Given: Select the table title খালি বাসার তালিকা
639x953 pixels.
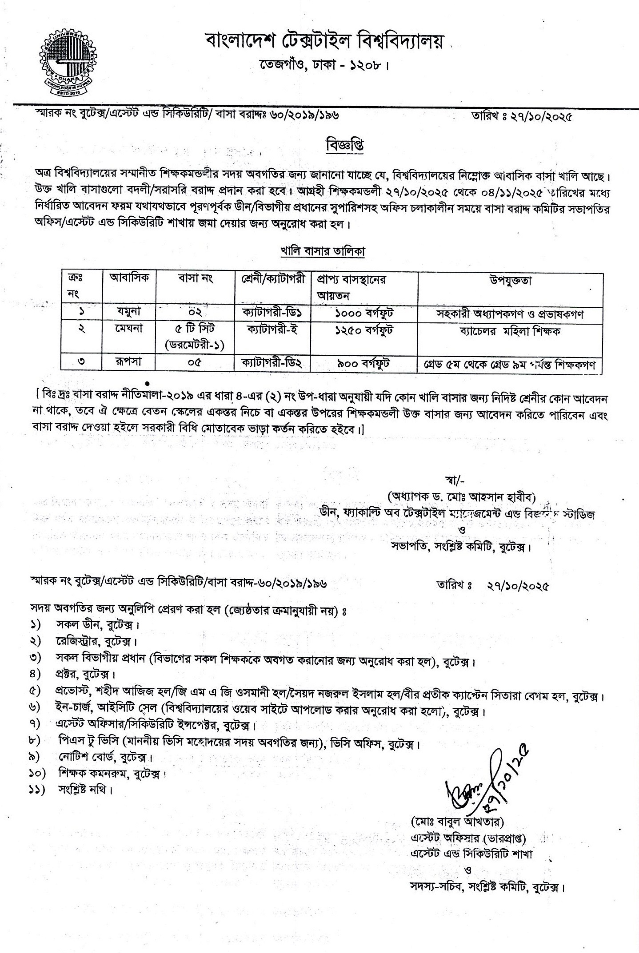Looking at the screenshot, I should click(323, 251).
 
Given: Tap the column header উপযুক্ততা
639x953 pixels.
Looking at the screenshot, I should click(511, 280).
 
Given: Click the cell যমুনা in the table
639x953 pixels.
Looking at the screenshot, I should click(128, 312).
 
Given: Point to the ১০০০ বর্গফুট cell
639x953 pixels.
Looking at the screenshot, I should click(364, 313).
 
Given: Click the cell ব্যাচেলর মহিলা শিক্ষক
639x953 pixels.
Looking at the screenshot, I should click(511, 331).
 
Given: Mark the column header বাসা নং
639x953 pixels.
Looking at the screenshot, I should click(195, 279).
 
